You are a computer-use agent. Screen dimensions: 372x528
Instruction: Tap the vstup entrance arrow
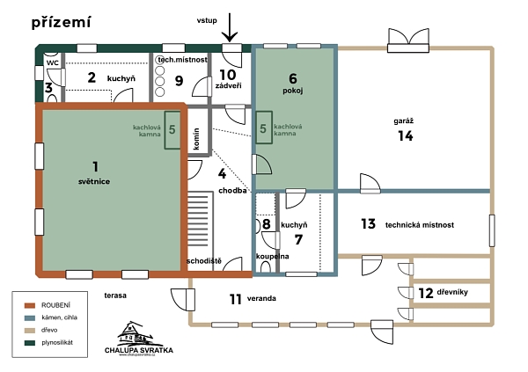[230, 27]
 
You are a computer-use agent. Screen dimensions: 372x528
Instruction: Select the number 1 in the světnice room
[96, 165]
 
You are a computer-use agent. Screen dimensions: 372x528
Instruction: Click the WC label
[52, 63]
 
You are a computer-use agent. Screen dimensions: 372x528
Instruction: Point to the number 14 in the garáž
[405, 135]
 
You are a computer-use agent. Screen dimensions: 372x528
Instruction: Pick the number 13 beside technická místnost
[368, 224]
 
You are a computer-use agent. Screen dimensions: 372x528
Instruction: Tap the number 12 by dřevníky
[424, 292]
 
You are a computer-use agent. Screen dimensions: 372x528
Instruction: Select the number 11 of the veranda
[235, 298]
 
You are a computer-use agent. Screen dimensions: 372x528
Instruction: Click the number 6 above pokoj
[293, 77]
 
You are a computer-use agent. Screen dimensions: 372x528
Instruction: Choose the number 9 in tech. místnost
[179, 81]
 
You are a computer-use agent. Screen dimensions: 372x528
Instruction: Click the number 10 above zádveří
[228, 75]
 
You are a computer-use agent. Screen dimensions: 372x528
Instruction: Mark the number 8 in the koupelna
[267, 224]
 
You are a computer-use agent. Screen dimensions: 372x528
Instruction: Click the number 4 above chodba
[233, 173]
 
